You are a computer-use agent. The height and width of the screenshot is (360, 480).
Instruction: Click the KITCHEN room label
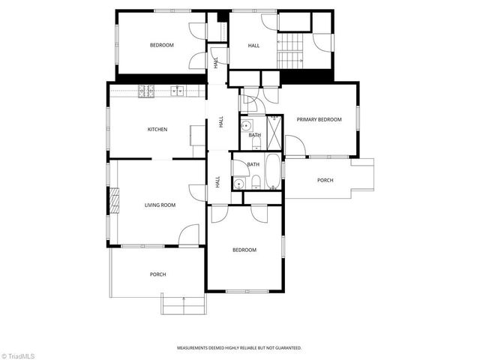pyautogui.click(x=157, y=129)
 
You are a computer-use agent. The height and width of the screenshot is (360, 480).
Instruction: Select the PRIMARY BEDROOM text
pyautogui.click(x=319, y=119)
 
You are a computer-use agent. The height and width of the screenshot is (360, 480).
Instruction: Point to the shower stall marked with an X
pyautogui.click(x=274, y=133)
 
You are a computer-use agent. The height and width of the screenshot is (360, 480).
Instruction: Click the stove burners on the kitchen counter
pyautogui.click(x=145, y=91)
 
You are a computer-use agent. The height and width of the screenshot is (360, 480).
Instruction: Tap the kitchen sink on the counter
pyautogui.click(x=178, y=91)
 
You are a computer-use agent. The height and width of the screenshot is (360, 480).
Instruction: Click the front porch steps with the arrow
pyautogui.click(x=183, y=304)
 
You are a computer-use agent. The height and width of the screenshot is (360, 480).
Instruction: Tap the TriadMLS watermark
pyautogui.click(x=18, y=354)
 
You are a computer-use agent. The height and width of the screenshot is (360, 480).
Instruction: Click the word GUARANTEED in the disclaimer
pyautogui.click(x=285, y=348)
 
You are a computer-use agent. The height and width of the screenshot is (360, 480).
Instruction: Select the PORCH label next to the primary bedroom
pyautogui.click(x=325, y=180)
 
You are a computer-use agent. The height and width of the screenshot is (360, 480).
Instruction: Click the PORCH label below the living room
pyautogui.click(x=157, y=274)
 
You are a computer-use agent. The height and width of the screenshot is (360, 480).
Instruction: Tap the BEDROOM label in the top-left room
pyautogui.click(x=161, y=46)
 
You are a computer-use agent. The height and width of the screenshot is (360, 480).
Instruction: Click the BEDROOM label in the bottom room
pyautogui.click(x=244, y=250)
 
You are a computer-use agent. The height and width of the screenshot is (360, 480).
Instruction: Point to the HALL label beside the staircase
pyautogui.click(x=253, y=46)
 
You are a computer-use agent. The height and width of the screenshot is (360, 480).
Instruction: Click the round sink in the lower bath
pyautogui.click(x=239, y=182)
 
